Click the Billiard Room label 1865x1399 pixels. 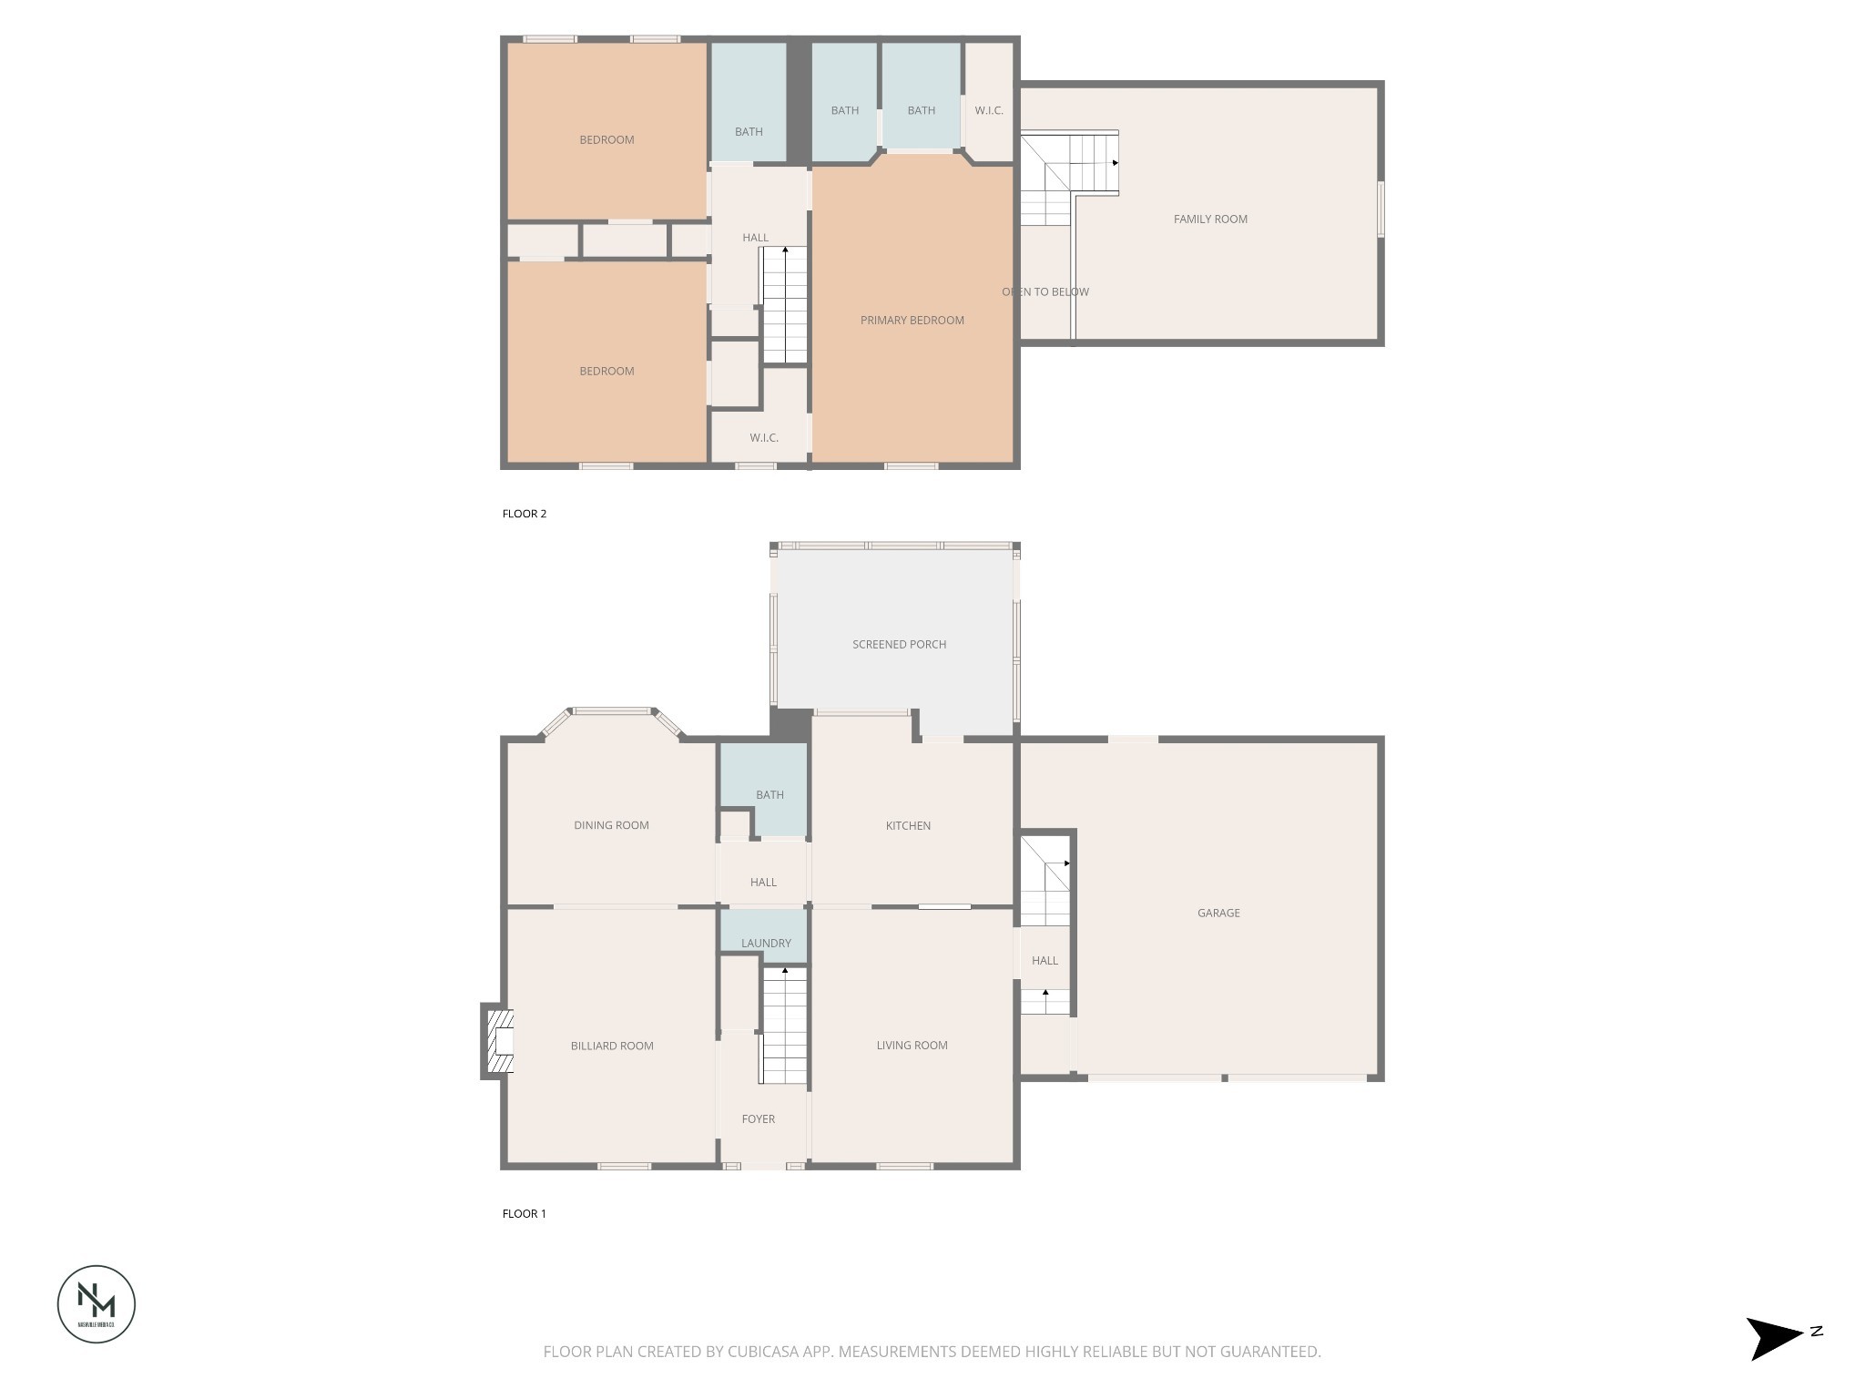click(612, 1046)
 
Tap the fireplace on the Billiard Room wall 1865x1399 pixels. click(497, 1041)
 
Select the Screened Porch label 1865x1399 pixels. click(899, 644)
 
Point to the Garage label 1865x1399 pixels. click(1218, 913)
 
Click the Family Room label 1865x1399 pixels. click(1210, 219)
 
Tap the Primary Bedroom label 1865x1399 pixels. click(912, 320)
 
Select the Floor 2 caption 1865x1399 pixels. click(525, 514)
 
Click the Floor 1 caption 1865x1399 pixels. click(525, 1213)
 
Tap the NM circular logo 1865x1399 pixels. click(97, 1303)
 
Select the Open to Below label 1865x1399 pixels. click(1045, 291)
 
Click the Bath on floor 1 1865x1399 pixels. click(769, 794)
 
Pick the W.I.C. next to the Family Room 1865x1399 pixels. click(988, 110)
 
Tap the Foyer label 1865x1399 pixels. click(758, 1118)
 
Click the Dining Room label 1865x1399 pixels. click(611, 825)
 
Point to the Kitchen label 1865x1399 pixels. click(908, 825)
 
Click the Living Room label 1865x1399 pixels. click(912, 1045)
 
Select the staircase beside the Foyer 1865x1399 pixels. click(784, 1026)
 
